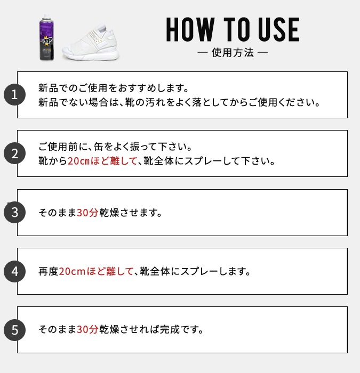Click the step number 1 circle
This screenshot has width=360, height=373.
(x=15, y=95)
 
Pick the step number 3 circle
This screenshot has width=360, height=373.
(x=15, y=212)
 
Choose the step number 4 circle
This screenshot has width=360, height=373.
(x=15, y=271)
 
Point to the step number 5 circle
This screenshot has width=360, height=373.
(x=15, y=330)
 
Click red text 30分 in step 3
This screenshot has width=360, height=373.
(x=87, y=213)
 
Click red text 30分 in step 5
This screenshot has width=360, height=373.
(x=87, y=330)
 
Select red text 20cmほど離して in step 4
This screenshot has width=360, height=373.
(x=95, y=271)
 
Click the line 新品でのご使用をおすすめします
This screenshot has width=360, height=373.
(x=114, y=87)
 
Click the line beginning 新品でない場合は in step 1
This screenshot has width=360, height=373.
(x=179, y=102)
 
